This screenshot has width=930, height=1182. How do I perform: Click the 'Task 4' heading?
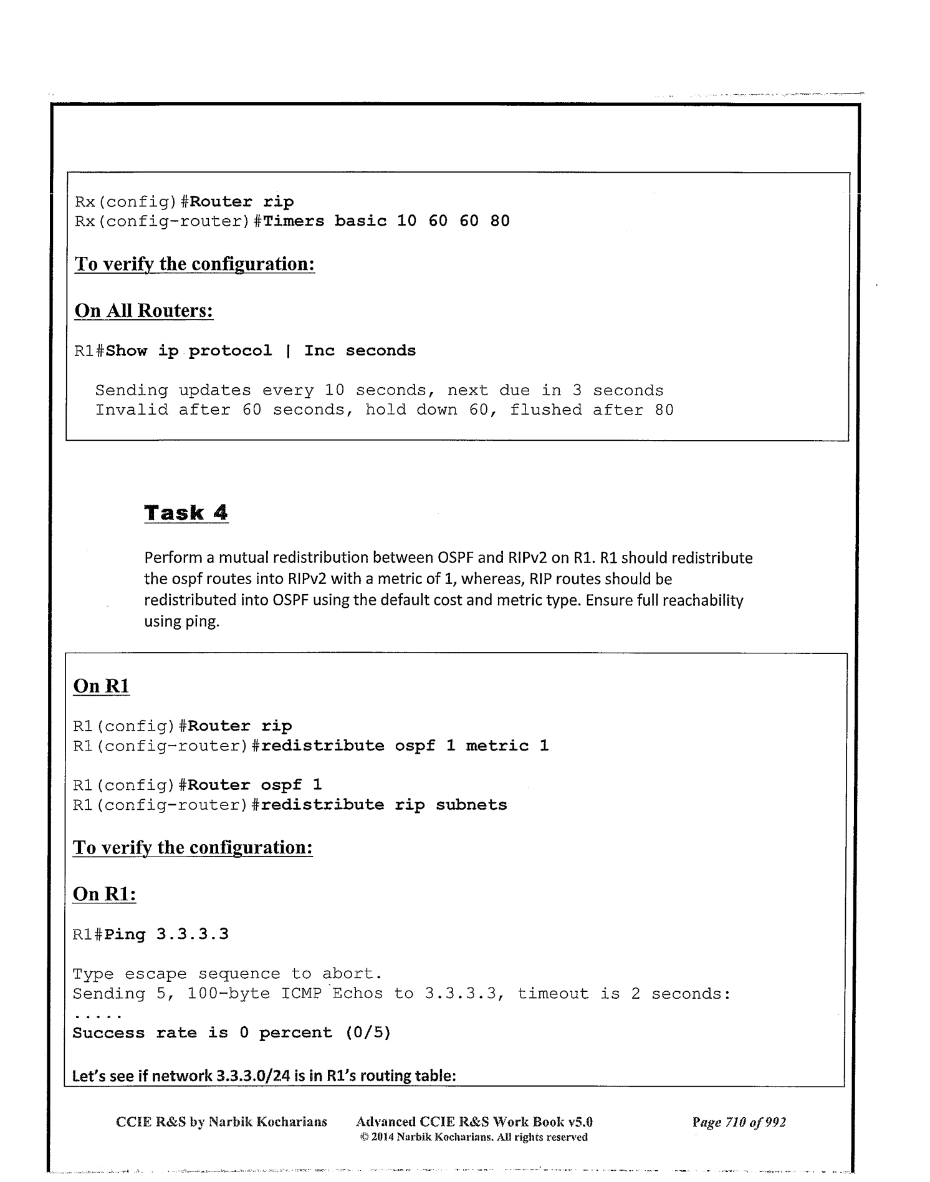point(186,513)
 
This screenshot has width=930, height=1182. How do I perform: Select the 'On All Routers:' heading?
point(144,310)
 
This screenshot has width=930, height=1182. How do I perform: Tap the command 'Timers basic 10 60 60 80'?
point(386,221)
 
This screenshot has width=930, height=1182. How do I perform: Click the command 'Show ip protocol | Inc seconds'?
point(261,351)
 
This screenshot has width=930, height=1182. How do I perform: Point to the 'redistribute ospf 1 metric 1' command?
point(405,746)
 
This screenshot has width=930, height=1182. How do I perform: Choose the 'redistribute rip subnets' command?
point(384,805)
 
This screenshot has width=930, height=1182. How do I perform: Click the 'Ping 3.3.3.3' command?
point(167,934)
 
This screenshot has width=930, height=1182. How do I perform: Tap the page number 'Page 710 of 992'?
point(739,1122)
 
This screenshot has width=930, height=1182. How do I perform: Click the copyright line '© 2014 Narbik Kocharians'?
point(474,1137)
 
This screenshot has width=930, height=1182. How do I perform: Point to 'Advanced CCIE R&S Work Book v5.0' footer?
point(474,1122)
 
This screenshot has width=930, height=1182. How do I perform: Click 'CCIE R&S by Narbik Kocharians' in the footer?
point(221,1122)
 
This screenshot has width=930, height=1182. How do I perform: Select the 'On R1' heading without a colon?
point(101,686)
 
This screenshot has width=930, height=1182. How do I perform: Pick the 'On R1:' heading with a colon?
point(104,894)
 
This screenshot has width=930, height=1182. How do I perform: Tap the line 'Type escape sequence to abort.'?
point(227,974)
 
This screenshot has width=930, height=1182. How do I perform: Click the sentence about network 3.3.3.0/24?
point(265,1075)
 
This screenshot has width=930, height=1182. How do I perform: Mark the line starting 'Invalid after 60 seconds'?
point(384,410)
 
